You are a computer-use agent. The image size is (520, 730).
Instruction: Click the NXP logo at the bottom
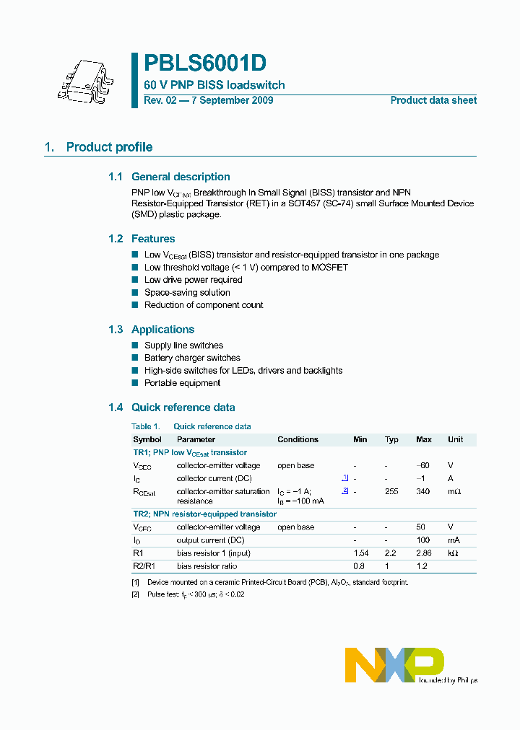(x=394, y=664)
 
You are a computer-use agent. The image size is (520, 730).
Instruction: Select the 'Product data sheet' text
(x=433, y=100)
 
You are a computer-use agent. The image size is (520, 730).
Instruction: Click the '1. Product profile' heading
(x=98, y=147)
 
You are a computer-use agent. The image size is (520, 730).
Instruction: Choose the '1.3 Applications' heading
(x=151, y=330)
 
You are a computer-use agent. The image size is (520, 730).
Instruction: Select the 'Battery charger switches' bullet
(x=192, y=358)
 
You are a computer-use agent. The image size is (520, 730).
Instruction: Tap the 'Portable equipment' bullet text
(x=182, y=383)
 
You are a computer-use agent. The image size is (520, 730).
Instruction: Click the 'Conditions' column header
(x=298, y=439)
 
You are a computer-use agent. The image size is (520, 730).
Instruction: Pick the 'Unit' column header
(x=455, y=439)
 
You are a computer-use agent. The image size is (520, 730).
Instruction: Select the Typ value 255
(x=391, y=491)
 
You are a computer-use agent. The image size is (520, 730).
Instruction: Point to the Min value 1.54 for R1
(x=360, y=553)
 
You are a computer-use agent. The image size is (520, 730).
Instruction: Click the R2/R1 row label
(x=144, y=566)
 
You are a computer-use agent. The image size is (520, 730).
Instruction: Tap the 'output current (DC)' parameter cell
(x=210, y=540)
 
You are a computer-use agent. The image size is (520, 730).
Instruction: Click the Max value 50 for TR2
(x=422, y=527)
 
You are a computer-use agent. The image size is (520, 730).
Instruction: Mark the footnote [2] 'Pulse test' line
(x=189, y=594)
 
